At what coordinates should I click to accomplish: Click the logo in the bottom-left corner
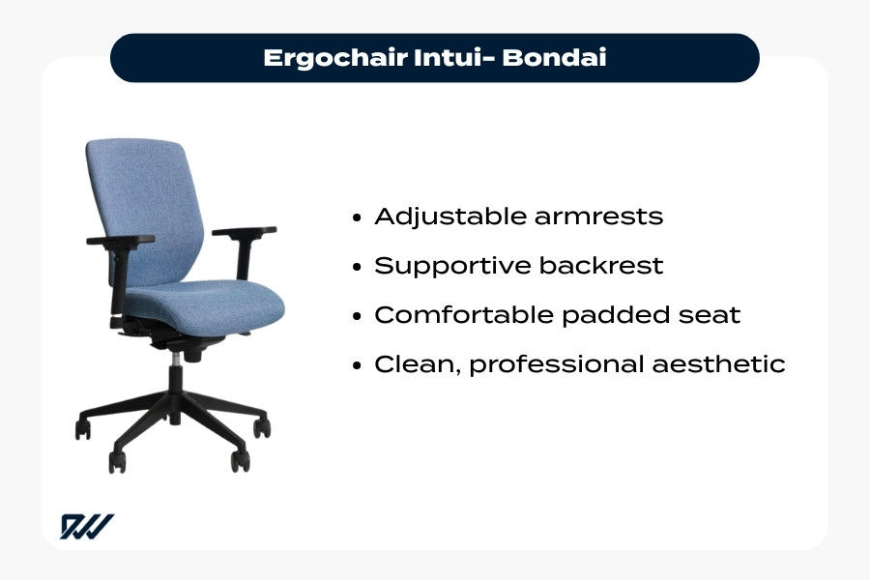(x=87, y=526)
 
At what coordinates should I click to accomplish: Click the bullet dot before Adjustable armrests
(x=359, y=217)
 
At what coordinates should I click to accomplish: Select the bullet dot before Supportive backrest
(x=359, y=267)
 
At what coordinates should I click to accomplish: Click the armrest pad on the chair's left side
(x=120, y=240)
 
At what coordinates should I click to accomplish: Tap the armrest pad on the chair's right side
(x=244, y=231)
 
